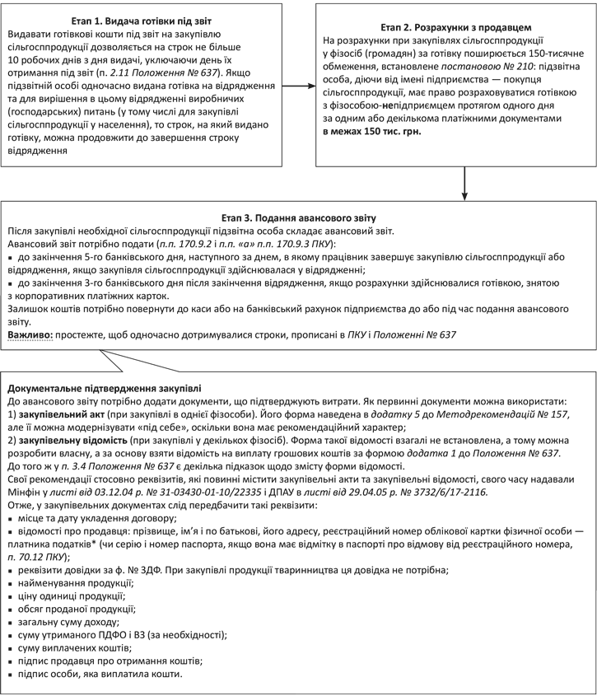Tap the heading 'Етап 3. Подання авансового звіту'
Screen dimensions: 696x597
(x=297, y=217)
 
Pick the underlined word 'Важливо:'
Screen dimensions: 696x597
(x=30, y=336)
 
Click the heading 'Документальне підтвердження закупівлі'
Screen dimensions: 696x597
(x=103, y=387)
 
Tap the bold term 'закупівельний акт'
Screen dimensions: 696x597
(x=63, y=417)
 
